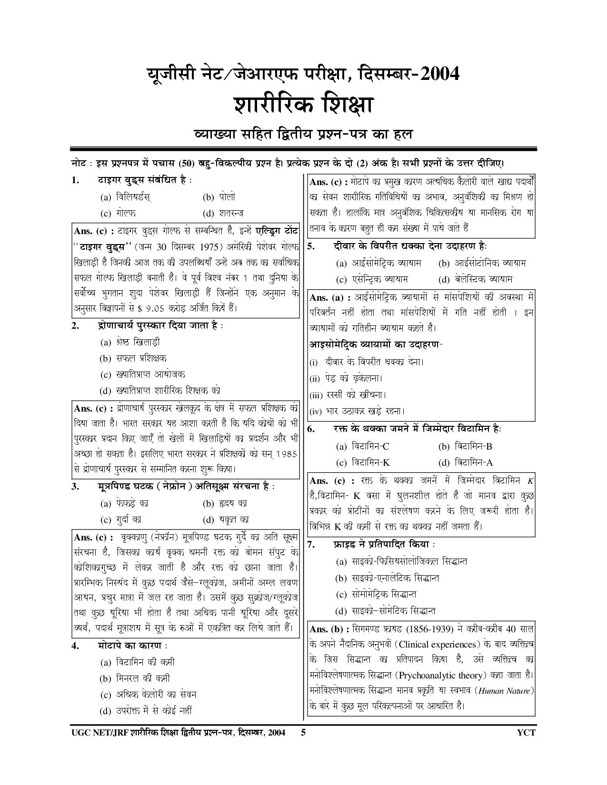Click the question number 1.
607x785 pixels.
75,180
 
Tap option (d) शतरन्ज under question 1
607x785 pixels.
225,213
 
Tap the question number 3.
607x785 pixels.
75,486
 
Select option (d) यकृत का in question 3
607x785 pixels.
225,520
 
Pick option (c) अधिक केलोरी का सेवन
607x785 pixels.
148,695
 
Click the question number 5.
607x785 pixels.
310,246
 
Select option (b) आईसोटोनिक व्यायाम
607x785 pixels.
482,263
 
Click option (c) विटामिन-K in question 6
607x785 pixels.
363,462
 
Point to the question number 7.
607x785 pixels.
310,545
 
